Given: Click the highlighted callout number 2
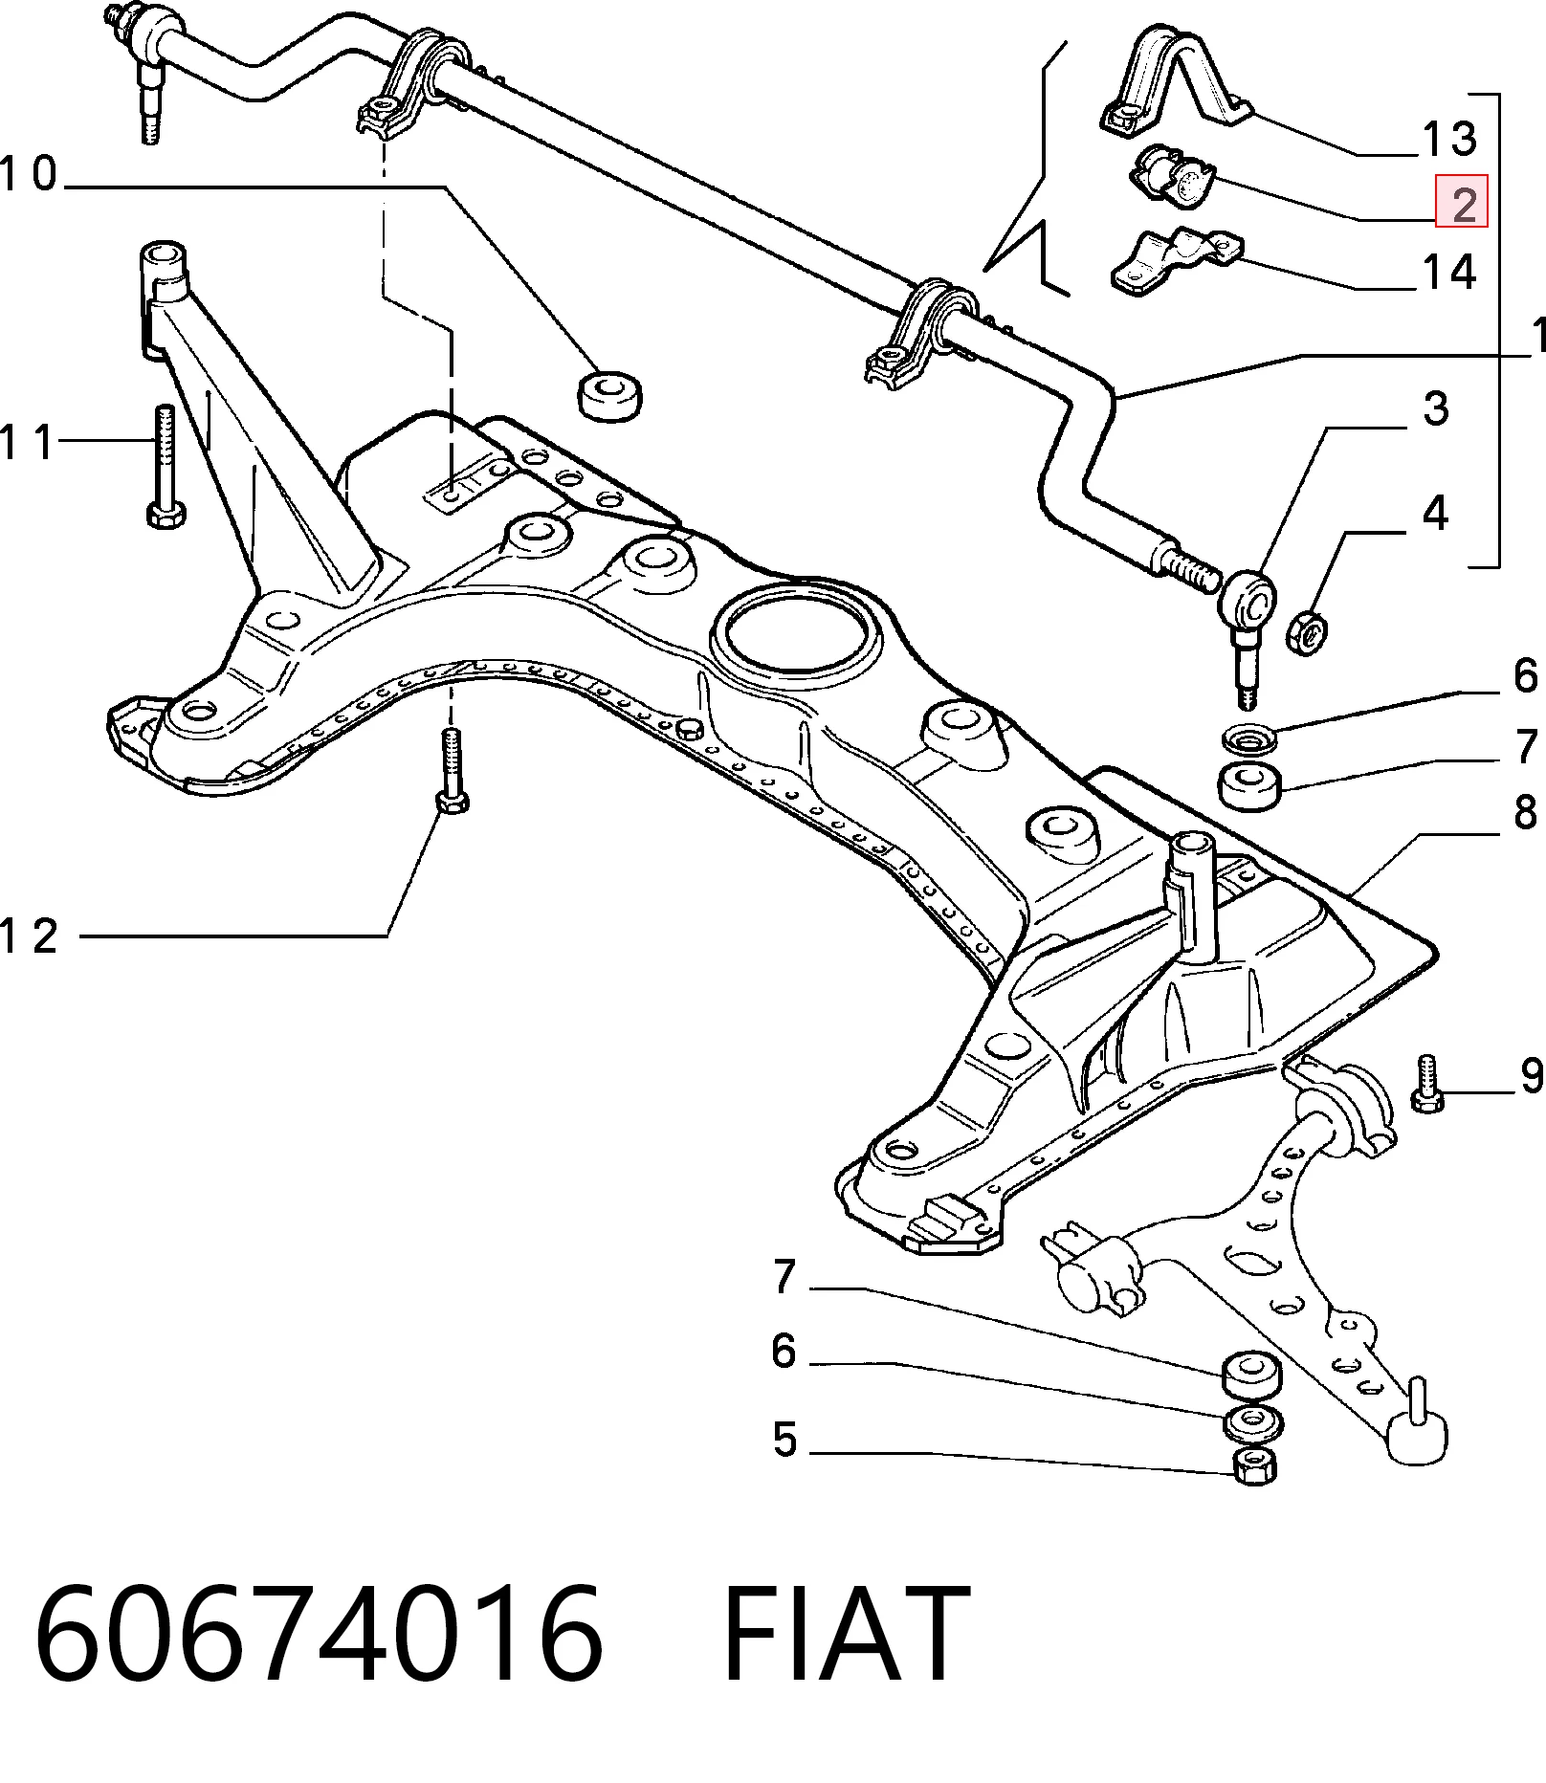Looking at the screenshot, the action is tap(1463, 202).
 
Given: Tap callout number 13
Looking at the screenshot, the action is tap(1449, 139).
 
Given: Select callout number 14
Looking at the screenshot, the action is tap(1449, 273).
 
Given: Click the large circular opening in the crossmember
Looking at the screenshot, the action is tap(796, 632).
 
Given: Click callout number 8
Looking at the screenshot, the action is tap(1525, 811).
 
